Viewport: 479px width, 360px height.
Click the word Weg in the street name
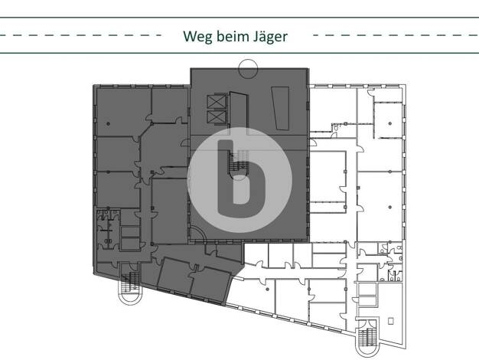pyautogui.click(x=198, y=37)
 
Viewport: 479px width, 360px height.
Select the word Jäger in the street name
pyautogui.click(x=270, y=37)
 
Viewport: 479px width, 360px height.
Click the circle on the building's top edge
pyautogui.click(x=248, y=69)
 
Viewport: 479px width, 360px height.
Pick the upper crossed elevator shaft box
pyautogui.click(x=217, y=102)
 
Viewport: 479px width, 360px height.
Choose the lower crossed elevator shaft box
pyautogui.click(x=217, y=117)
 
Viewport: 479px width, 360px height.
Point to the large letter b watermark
pyautogui.click(x=240, y=178)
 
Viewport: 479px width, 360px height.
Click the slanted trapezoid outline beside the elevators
pyautogui.click(x=281, y=108)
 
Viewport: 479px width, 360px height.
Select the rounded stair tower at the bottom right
pyautogui.click(x=367, y=340)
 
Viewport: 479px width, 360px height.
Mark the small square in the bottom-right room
pyautogui.click(x=391, y=321)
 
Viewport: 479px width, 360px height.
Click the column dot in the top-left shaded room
pyautogui.click(x=108, y=124)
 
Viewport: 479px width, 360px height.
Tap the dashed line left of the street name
pyautogui.click(x=80, y=35)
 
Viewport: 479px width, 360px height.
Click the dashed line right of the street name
pyautogui.click(x=396, y=35)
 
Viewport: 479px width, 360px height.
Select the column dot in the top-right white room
pyautogui.click(x=390, y=123)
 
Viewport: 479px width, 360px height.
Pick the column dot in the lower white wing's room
pyautogui.click(x=268, y=290)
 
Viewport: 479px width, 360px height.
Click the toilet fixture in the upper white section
pyautogui.click(x=335, y=127)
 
